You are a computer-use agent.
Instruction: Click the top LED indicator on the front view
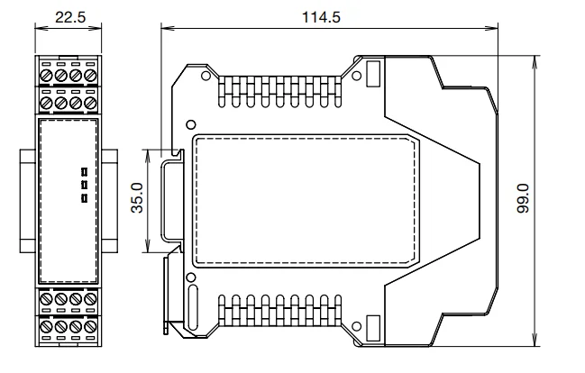[x=83, y=170]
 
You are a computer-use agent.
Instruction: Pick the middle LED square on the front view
[x=83, y=184]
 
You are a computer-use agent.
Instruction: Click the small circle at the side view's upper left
[x=190, y=123]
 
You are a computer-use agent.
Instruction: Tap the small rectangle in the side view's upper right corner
[x=372, y=71]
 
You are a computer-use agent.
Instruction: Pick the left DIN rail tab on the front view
[x=25, y=199]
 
